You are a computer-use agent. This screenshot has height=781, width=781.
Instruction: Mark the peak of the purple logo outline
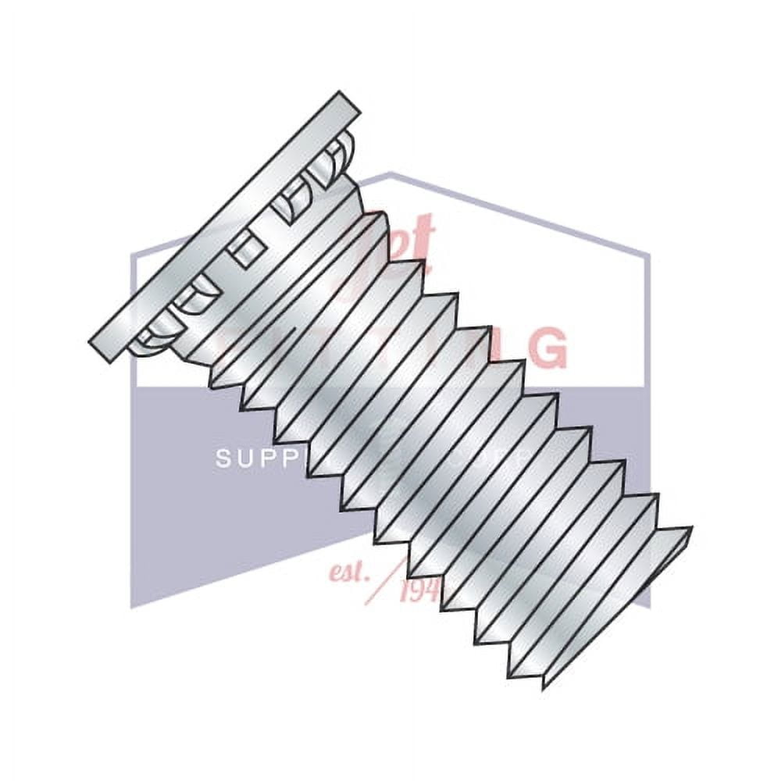tap(390, 173)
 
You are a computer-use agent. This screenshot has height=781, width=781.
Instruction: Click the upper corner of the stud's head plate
tap(342, 95)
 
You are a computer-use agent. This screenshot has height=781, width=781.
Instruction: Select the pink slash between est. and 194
tap(390, 582)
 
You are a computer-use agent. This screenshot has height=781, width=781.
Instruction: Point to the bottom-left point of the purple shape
tap(131, 606)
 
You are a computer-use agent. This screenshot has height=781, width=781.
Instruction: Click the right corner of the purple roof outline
tap(648, 255)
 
